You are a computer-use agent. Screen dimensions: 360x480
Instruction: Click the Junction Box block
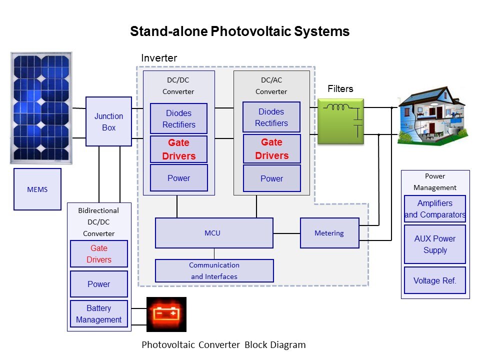(108, 121)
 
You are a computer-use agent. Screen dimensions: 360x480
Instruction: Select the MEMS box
(37, 189)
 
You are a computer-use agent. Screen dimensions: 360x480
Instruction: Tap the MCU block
(214, 233)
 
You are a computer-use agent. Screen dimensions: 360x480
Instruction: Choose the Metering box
(329, 233)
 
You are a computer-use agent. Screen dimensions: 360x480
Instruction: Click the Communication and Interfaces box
(214, 270)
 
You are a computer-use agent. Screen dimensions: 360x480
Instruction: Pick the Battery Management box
(99, 314)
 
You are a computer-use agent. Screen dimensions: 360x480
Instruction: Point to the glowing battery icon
(166, 314)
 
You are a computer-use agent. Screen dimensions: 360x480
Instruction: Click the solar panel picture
(41, 108)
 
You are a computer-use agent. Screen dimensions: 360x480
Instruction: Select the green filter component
(340, 121)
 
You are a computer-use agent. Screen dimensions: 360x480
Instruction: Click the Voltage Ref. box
(435, 280)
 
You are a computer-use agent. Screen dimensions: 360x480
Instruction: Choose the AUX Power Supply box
(435, 244)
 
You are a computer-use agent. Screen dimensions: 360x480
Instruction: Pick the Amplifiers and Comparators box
(435, 209)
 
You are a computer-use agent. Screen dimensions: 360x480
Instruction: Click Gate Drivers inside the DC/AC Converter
(272, 149)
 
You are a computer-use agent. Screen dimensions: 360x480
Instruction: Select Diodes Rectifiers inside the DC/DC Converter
(179, 119)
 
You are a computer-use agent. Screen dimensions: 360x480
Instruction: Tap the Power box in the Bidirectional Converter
(99, 284)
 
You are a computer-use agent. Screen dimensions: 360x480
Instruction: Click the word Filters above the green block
(340, 89)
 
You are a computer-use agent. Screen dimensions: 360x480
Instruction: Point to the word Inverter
(159, 58)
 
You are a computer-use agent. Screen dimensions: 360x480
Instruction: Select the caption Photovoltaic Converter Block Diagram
(223, 345)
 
